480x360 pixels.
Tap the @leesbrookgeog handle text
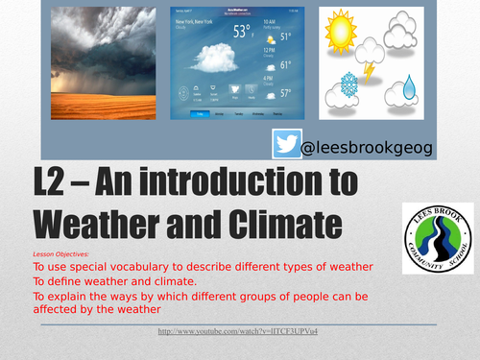coord(366,148)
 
